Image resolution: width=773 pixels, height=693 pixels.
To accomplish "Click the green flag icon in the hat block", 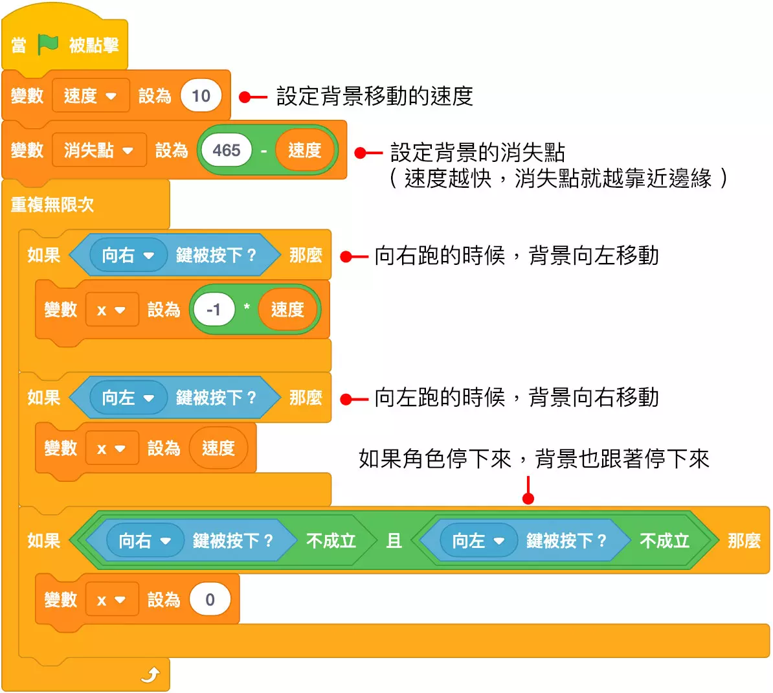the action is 49,45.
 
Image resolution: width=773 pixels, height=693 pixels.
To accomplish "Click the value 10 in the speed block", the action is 201,96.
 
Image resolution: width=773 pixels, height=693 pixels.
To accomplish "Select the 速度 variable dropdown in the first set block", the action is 91,96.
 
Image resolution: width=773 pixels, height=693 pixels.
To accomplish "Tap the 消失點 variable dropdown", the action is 98,150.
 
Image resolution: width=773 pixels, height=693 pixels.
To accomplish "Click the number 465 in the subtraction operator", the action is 226,150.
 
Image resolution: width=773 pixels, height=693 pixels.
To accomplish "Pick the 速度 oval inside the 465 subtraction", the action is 304,150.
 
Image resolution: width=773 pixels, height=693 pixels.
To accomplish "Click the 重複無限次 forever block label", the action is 52,205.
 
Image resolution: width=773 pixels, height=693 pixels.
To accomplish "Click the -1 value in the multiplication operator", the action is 213,310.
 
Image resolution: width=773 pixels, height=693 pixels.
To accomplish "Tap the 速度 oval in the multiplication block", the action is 287,310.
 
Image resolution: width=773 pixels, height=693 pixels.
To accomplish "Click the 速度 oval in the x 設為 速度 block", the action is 218,448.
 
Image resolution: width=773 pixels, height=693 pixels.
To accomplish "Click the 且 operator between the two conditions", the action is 394,540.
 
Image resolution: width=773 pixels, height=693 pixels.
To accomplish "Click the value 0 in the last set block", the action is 210,600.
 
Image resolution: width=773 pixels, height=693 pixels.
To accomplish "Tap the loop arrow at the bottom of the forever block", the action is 150,676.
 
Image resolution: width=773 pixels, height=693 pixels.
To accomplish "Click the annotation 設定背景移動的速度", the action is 374,97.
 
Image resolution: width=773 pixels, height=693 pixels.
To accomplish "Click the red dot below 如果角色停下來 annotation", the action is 528,498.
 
